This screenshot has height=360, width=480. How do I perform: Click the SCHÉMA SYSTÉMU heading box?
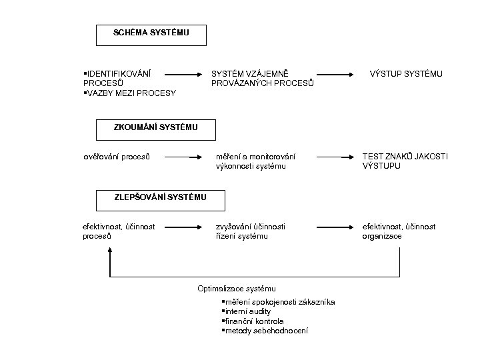(x=151, y=33)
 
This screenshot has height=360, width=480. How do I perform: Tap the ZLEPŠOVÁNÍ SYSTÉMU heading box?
(x=160, y=198)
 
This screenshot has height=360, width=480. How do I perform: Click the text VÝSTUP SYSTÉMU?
(x=406, y=73)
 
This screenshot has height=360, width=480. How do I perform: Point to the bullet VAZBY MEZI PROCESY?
(x=129, y=93)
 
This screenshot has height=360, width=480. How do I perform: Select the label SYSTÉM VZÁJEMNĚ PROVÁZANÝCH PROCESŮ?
(x=253, y=78)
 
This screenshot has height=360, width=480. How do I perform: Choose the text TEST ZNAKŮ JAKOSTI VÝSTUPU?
(x=405, y=161)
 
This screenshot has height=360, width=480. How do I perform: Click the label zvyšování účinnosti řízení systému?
(x=251, y=231)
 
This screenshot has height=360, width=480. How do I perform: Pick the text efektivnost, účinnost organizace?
(x=399, y=231)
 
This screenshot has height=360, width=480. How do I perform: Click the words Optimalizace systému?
(x=237, y=289)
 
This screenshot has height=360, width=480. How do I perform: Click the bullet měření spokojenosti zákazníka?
(x=277, y=303)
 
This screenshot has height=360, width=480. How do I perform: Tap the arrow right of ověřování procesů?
(x=183, y=158)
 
